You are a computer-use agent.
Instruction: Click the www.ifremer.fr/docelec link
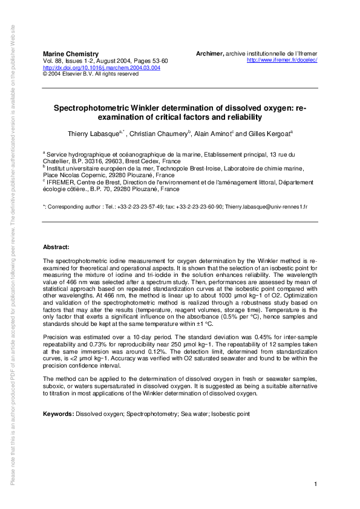pos(283,60)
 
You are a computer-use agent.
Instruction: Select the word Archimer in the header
pos(210,54)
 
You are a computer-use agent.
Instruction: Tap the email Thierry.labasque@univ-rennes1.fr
pos(266,207)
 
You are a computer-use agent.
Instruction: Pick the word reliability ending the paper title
pos(244,117)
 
